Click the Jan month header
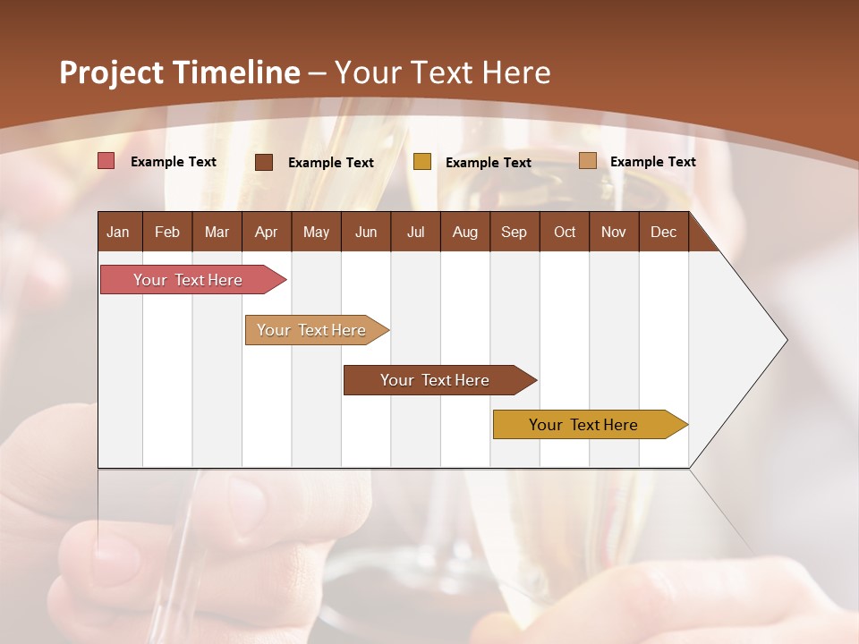point(119,232)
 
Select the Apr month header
point(267,232)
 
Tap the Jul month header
point(416,232)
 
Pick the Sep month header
point(515,232)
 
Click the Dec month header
point(663,232)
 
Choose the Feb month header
point(167,232)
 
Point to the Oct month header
point(565,232)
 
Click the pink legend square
point(106,161)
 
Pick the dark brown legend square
point(264,162)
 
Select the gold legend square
point(422,162)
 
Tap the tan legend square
point(588,161)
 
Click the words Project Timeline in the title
point(179,72)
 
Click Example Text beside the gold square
point(489,163)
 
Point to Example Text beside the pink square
point(174,162)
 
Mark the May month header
point(316,232)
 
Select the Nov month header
point(614,232)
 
